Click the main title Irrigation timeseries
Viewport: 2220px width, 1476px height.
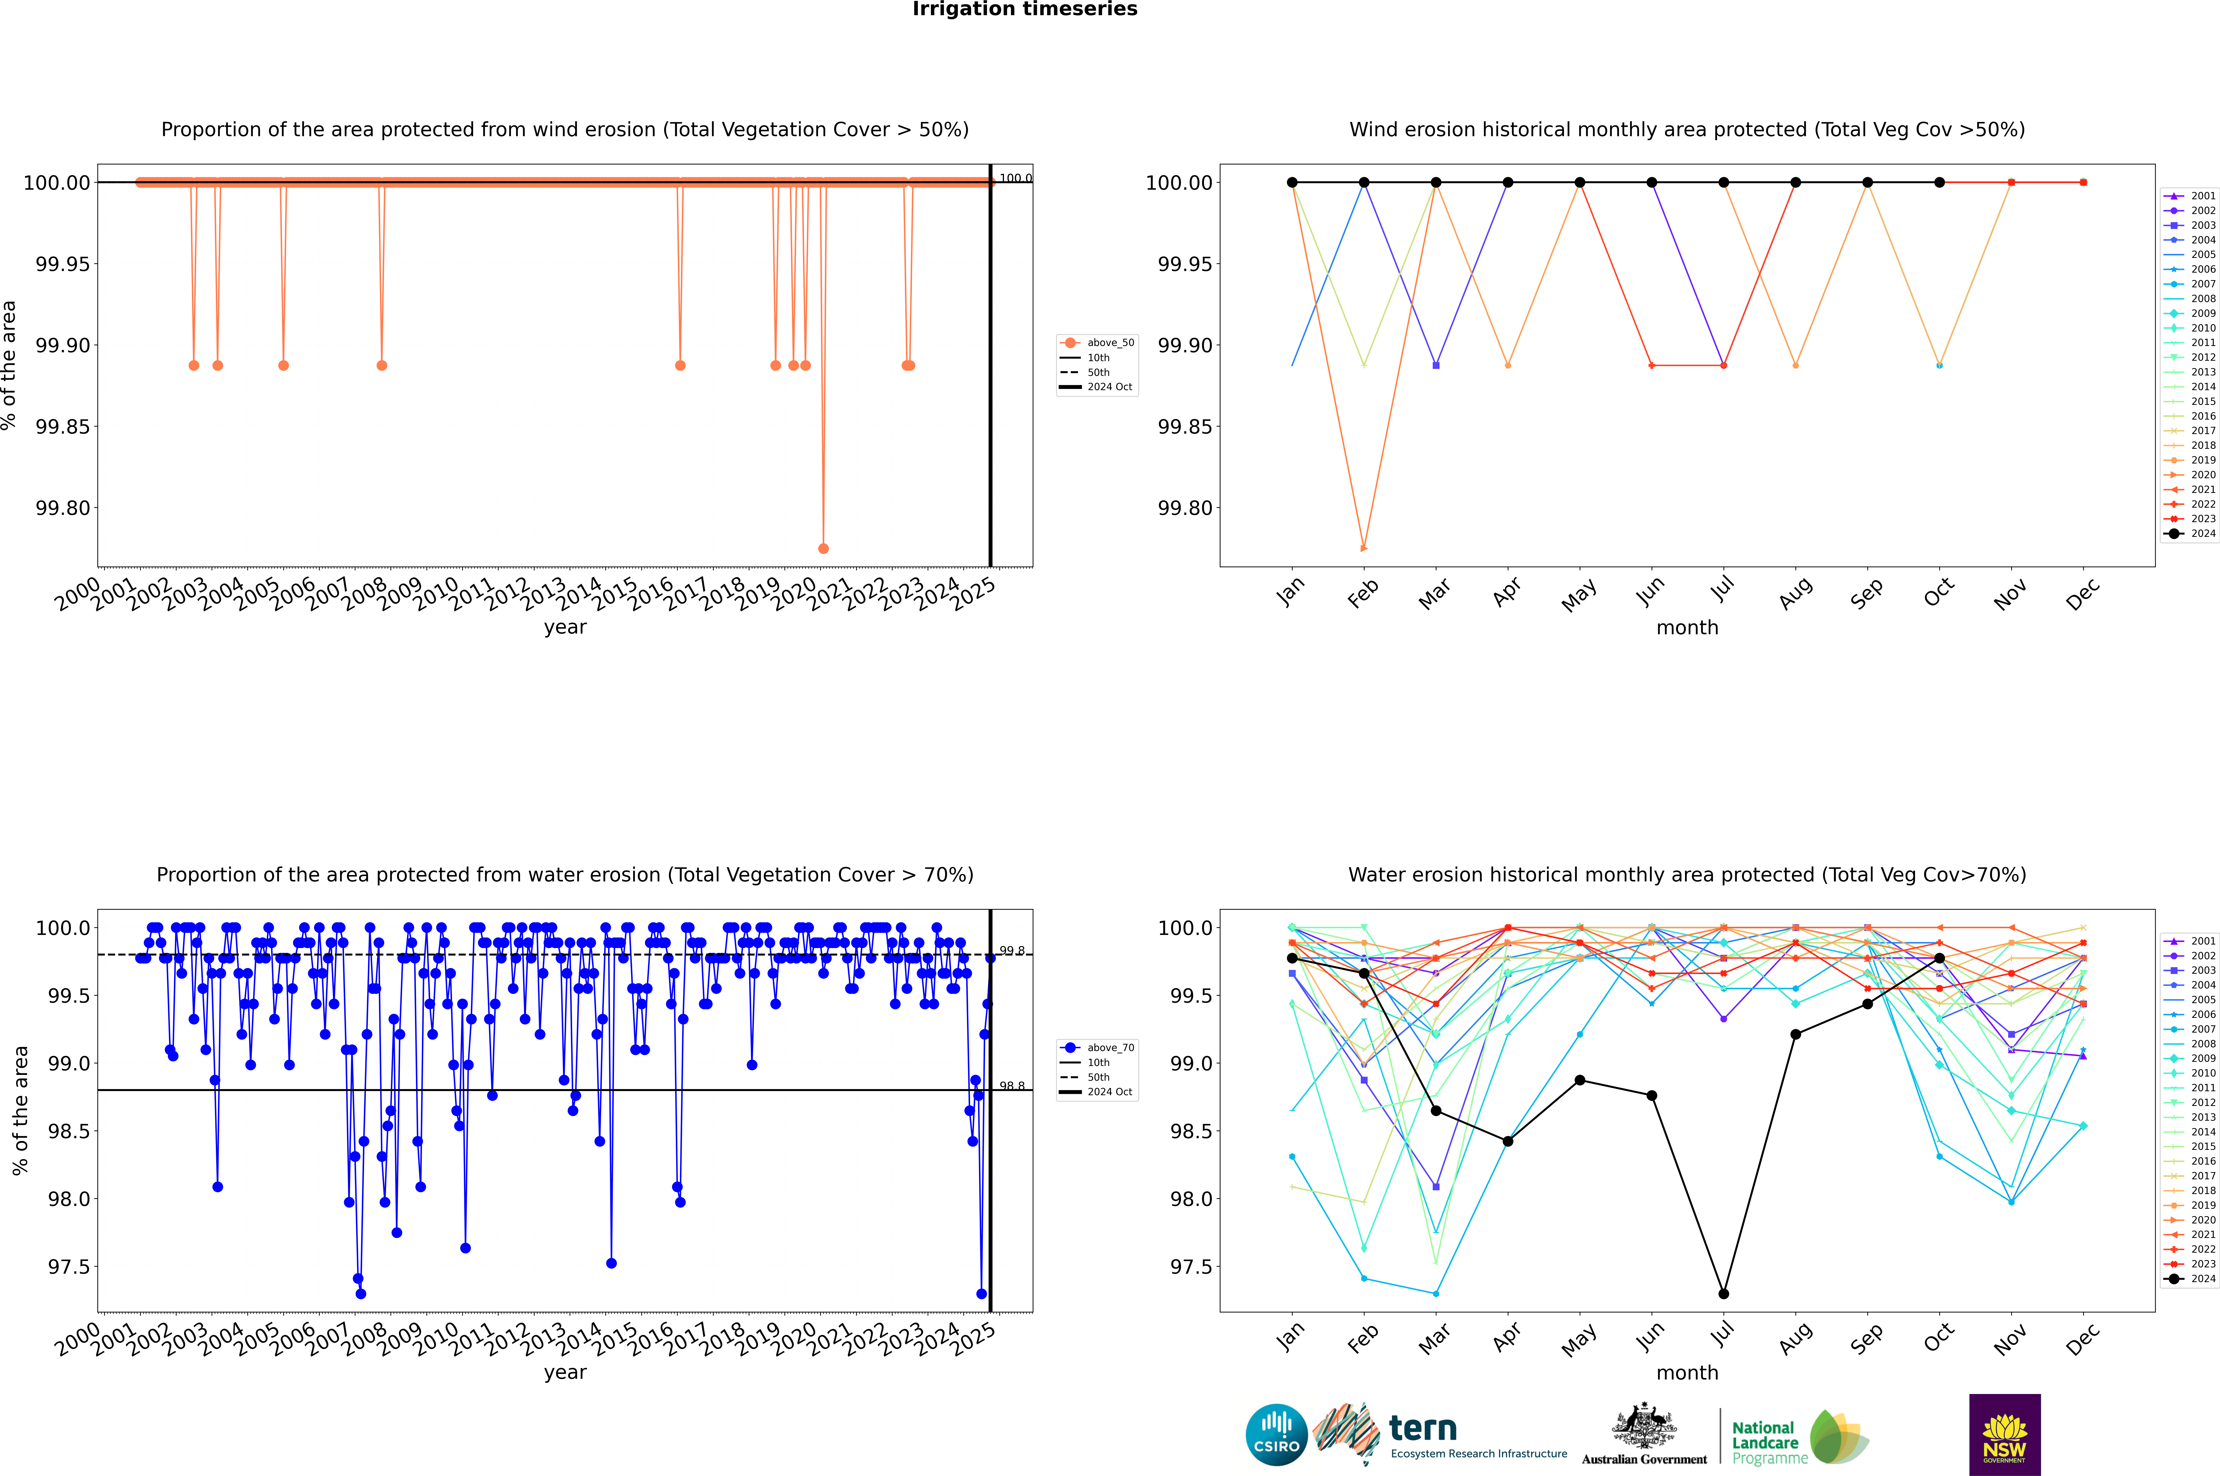(1025, 9)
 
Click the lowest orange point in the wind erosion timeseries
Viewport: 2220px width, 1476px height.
(823, 548)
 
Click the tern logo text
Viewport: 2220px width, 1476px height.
(1423, 1429)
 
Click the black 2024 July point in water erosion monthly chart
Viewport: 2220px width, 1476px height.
(1723, 1293)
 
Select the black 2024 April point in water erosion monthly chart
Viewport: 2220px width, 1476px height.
(1508, 1141)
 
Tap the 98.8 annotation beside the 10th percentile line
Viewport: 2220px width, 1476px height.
(1012, 1086)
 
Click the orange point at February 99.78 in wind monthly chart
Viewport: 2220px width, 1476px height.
(1364, 548)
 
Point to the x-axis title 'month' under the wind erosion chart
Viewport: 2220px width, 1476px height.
(1686, 628)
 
